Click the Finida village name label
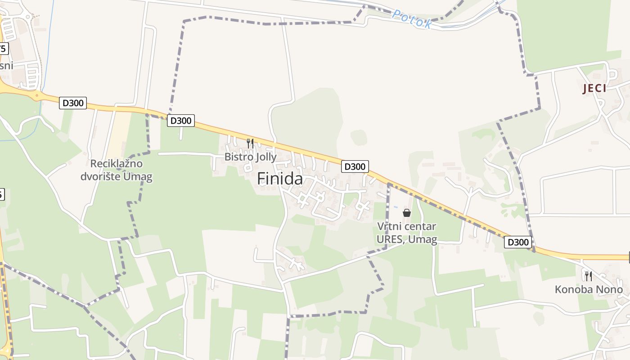(x=280, y=179)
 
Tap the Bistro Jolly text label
(x=251, y=157)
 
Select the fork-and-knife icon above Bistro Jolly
(x=250, y=144)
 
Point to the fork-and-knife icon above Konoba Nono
(x=588, y=276)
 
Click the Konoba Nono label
(x=589, y=289)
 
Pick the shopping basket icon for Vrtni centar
(x=407, y=213)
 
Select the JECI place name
(x=594, y=89)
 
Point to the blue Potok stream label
(x=412, y=19)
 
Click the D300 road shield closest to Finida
(x=355, y=166)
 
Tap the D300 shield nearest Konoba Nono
(x=518, y=242)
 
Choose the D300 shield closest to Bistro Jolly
(x=181, y=121)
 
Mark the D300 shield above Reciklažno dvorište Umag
(x=73, y=103)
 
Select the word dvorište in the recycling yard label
(x=104, y=176)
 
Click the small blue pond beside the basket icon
(x=396, y=207)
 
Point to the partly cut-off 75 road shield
(x=4, y=49)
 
